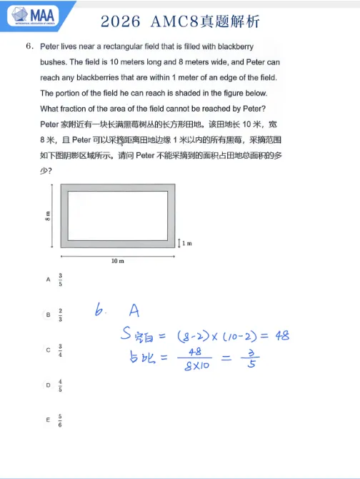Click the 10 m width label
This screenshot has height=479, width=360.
[x=118, y=261]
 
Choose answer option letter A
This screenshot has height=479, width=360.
[x=49, y=280]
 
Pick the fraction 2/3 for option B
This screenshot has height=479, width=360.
[x=61, y=314]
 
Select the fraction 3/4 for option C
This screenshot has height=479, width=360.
[x=61, y=350]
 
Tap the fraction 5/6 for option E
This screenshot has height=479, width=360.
[x=61, y=420]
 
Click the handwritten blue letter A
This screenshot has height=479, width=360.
[x=134, y=310]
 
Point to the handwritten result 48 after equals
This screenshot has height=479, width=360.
[x=281, y=335]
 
